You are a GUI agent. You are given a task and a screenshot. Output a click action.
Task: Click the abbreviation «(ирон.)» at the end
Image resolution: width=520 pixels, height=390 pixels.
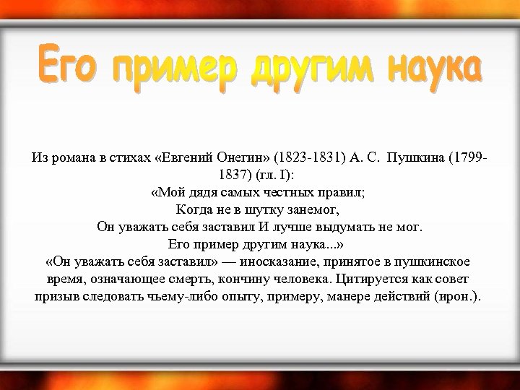click(463, 296)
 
